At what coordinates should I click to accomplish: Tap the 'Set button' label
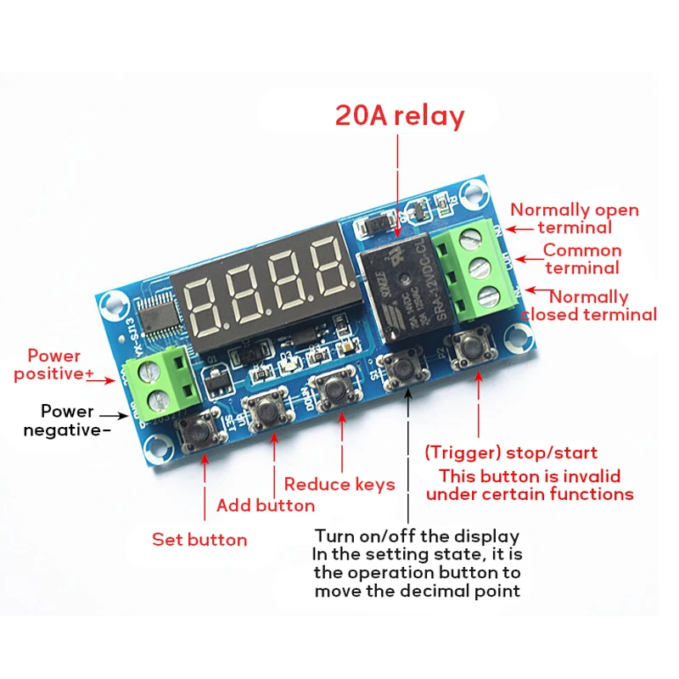[x=199, y=539]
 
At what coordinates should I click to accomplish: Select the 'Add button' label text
[x=266, y=506]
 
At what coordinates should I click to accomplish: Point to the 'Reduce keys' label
[x=339, y=484]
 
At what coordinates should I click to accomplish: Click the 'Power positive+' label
[x=59, y=364]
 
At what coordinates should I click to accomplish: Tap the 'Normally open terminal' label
[x=575, y=218]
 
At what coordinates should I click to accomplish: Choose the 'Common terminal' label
[x=582, y=259]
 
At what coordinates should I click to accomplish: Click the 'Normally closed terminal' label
[x=589, y=306]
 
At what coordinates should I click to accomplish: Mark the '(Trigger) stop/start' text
[x=511, y=452]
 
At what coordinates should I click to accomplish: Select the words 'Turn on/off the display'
[x=417, y=536]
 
